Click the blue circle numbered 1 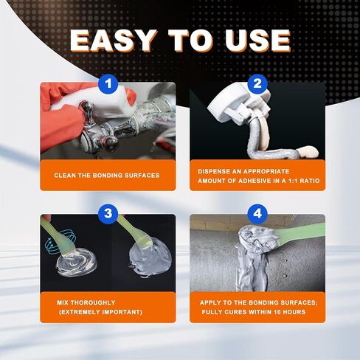pyautogui.click(x=108, y=84)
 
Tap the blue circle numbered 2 pyautogui.click(x=257, y=84)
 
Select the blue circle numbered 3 pyautogui.click(x=108, y=214)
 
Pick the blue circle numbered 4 pyautogui.click(x=257, y=214)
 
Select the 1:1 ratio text pyautogui.click(x=303, y=181)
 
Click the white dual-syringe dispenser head pyautogui.click(x=238, y=102)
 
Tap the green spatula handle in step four pyautogui.click(x=300, y=232)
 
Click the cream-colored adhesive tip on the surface pyautogui.click(x=308, y=152)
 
